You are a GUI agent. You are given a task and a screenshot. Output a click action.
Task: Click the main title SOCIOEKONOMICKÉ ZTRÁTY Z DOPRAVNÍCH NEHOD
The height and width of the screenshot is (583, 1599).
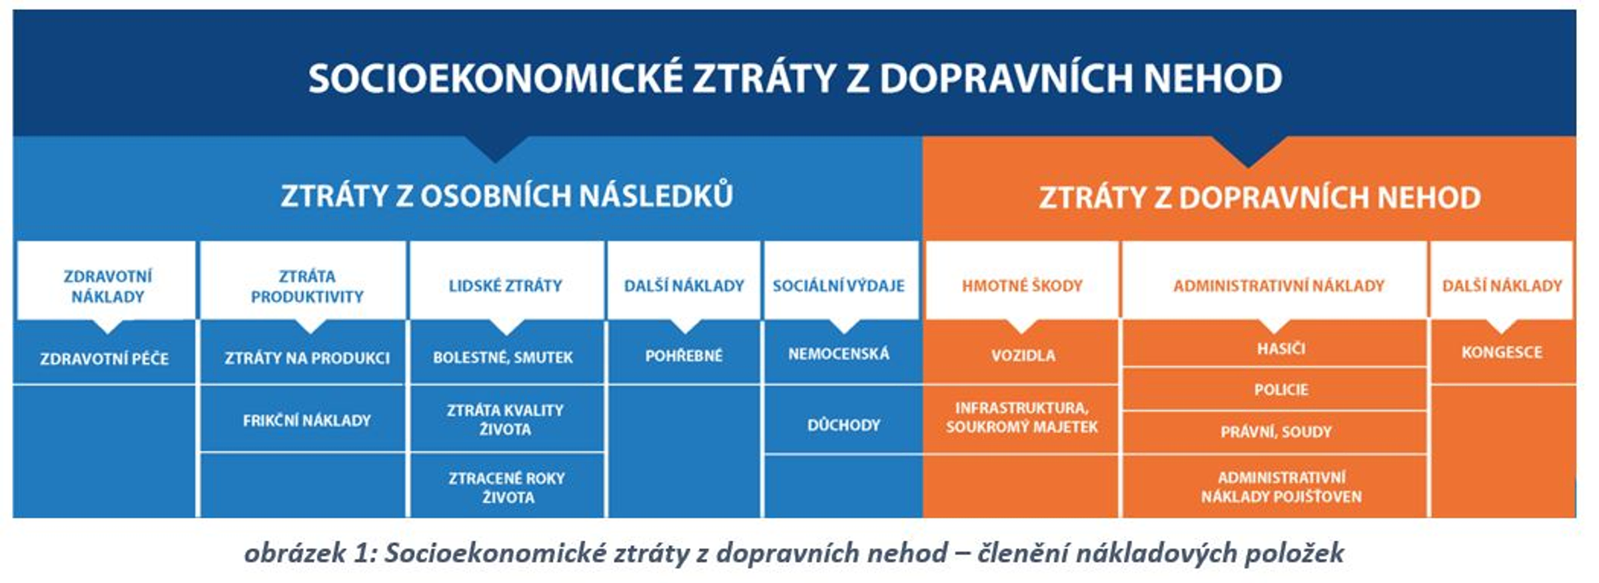[794, 79]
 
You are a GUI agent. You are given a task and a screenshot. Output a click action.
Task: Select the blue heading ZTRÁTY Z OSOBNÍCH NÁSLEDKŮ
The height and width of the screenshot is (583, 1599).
[506, 196]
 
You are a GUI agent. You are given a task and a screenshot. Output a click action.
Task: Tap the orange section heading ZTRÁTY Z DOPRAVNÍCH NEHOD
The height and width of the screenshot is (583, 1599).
[1259, 198]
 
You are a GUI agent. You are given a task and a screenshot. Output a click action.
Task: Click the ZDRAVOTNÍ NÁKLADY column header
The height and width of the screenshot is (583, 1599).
[107, 286]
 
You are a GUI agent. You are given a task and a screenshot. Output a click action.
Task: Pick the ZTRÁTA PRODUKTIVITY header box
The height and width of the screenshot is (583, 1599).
[306, 286]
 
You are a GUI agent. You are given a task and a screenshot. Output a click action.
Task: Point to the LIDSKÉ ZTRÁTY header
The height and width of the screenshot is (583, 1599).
[505, 286]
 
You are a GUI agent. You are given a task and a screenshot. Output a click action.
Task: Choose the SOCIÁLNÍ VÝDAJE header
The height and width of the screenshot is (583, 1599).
[838, 286]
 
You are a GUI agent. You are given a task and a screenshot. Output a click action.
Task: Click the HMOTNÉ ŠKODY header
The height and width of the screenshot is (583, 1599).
[1022, 286]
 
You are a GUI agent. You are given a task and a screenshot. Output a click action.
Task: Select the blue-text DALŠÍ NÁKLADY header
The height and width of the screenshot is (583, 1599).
[684, 286]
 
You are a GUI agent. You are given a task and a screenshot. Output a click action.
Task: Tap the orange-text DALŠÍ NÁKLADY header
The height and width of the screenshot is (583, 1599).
[1502, 286]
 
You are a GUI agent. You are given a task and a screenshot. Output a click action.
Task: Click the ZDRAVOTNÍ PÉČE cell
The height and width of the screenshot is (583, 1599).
[105, 358]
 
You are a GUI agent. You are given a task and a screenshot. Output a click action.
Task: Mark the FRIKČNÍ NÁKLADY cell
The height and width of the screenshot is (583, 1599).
[306, 420]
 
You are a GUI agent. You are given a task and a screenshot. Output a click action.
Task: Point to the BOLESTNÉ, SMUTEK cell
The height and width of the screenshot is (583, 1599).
[503, 357]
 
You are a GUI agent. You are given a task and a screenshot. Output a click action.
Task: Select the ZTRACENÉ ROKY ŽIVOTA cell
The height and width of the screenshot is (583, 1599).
[506, 487]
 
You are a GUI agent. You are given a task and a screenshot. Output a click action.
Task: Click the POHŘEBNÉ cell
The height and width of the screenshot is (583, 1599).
[684, 356]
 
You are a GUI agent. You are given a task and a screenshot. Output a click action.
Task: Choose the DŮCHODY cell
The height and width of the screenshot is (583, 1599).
[843, 424]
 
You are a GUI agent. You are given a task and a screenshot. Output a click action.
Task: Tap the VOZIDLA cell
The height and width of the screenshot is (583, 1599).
[1023, 355]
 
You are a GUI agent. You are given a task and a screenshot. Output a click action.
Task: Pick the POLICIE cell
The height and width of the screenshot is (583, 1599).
[1281, 389]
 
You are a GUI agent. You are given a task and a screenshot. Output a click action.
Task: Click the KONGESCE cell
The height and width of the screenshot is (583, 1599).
[1502, 352]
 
